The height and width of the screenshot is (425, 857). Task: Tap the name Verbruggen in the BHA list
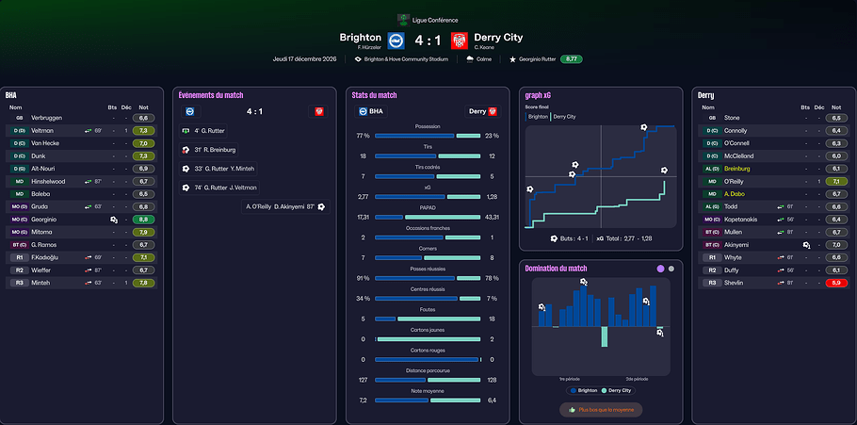pyautogui.click(x=47, y=118)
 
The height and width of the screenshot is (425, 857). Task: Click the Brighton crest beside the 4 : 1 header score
pyautogui.click(x=396, y=40)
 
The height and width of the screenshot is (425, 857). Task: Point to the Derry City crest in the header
pyautogui.click(x=459, y=40)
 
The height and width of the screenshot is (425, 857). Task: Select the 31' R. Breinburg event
pyautogui.click(x=215, y=150)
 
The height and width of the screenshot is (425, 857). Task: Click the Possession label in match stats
pyautogui.click(x=428, y=125)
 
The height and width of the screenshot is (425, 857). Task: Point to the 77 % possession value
pyautogui.click(x=363, y=136)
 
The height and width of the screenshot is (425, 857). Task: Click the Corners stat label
pyautogui.click(x=428, y=248)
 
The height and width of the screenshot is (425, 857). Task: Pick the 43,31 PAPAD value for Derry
pyautogui.click(x=493, y=217)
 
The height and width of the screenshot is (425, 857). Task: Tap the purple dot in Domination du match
pyautogui.click(x=661, y=269)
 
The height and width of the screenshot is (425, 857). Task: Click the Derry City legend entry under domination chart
pyautogui.click(x=616, y=389)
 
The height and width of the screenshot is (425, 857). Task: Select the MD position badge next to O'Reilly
pyautogui.click(x=712, y=181)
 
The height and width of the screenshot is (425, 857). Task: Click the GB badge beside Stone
pyautogui.click(x=712, y=118)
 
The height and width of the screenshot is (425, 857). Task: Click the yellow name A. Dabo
pyautogui.click(x=736, y=193)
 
